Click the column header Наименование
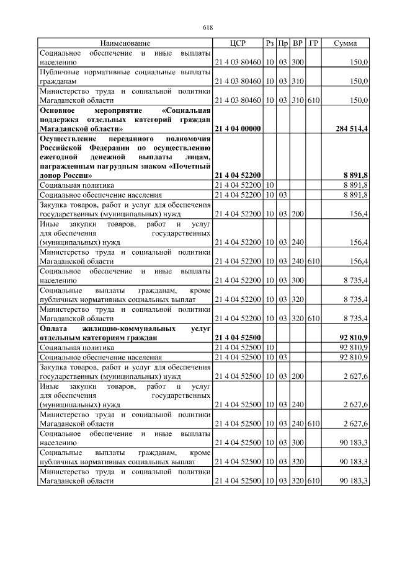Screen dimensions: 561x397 coord(125,43)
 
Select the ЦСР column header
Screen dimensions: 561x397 coord(238,43)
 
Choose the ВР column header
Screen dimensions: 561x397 coord(298,43)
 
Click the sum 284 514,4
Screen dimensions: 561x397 coord(350,128)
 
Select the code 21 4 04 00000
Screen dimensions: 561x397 coord(238,128)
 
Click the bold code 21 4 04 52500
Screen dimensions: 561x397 coord(238,337)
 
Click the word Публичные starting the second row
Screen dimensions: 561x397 coord(57,72)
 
